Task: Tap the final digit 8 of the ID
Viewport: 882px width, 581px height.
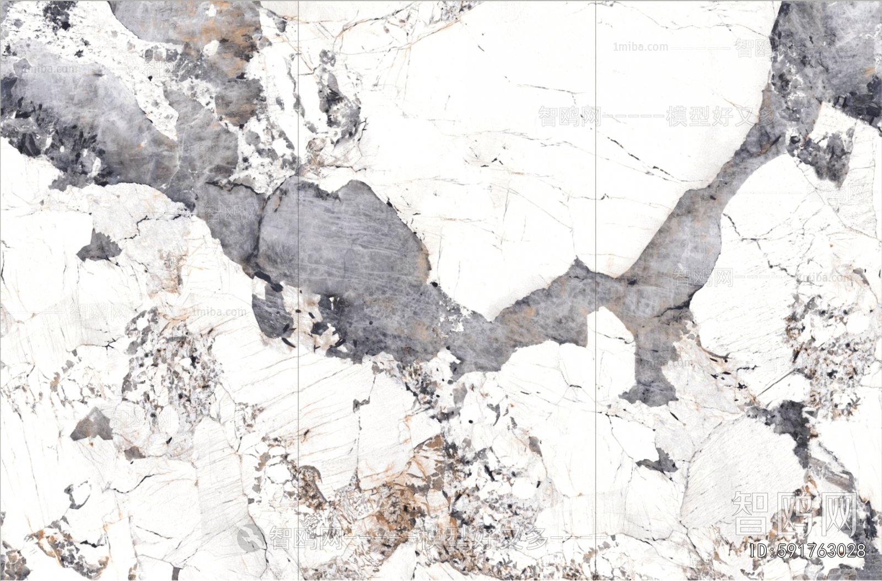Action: (859, 551)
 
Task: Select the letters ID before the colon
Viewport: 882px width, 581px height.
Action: (759, 551)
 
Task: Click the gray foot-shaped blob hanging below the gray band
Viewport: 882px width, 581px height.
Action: (653, 380)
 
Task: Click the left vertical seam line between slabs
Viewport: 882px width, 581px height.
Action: (298, 276)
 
